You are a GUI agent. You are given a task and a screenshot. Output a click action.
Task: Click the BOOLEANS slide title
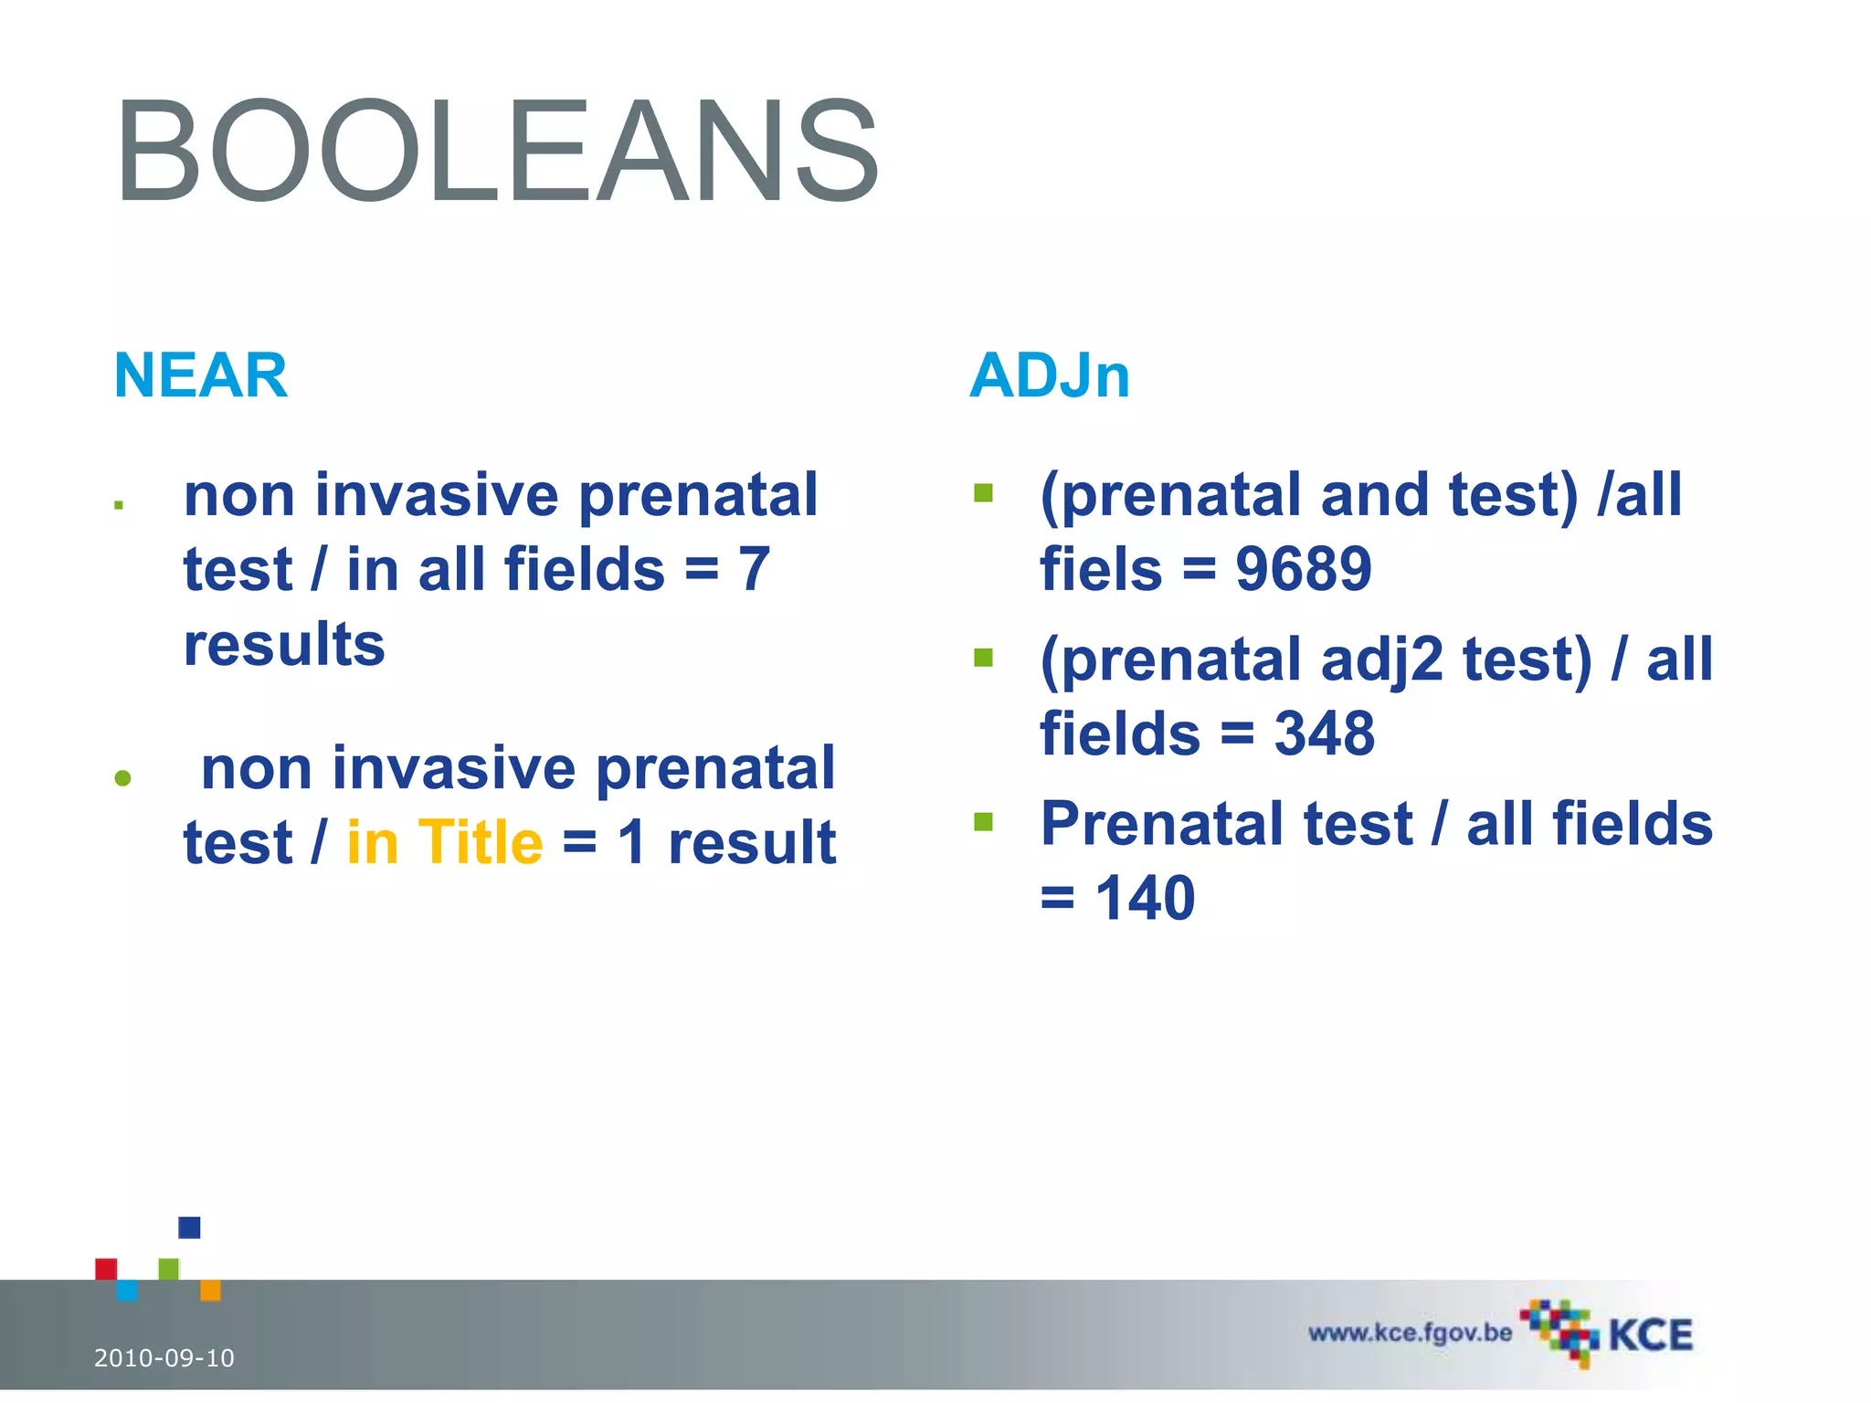coord(497,152)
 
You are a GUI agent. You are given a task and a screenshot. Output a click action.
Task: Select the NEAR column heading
coord(200,375)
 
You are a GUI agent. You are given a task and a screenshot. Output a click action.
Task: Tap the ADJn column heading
coord(1049,375)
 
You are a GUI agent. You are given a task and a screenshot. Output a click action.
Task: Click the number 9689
coord(1303,569)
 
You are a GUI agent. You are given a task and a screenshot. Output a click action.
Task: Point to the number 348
coord(1324,733)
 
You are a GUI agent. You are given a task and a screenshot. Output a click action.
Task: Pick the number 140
coord(1145,898)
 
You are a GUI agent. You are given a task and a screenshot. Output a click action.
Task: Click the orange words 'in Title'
coord(445,841)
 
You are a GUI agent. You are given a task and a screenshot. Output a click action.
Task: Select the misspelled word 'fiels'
coord(1101,569)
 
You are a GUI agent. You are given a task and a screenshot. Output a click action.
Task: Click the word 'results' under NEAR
coord(284,644)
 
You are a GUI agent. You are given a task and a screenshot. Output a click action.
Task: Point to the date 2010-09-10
coord(164,1358)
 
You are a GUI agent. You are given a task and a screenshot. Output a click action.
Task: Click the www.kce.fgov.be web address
coord(1410,1333)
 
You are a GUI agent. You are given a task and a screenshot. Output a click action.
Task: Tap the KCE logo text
coord(1650,1335)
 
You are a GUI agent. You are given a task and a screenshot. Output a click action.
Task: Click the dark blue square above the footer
coord(189,1228)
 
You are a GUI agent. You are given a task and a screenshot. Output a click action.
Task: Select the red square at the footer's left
coord(106,1269)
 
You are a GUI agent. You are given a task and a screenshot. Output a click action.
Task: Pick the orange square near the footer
coord(210,1291)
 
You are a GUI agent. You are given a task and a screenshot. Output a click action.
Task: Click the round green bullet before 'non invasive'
coord(123,778)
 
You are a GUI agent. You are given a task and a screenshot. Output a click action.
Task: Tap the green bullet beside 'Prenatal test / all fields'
coord(983,822)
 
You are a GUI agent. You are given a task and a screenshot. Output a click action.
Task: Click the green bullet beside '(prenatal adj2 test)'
coord(983,658)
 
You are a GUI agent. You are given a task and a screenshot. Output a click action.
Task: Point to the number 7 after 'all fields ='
coord(755,569)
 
